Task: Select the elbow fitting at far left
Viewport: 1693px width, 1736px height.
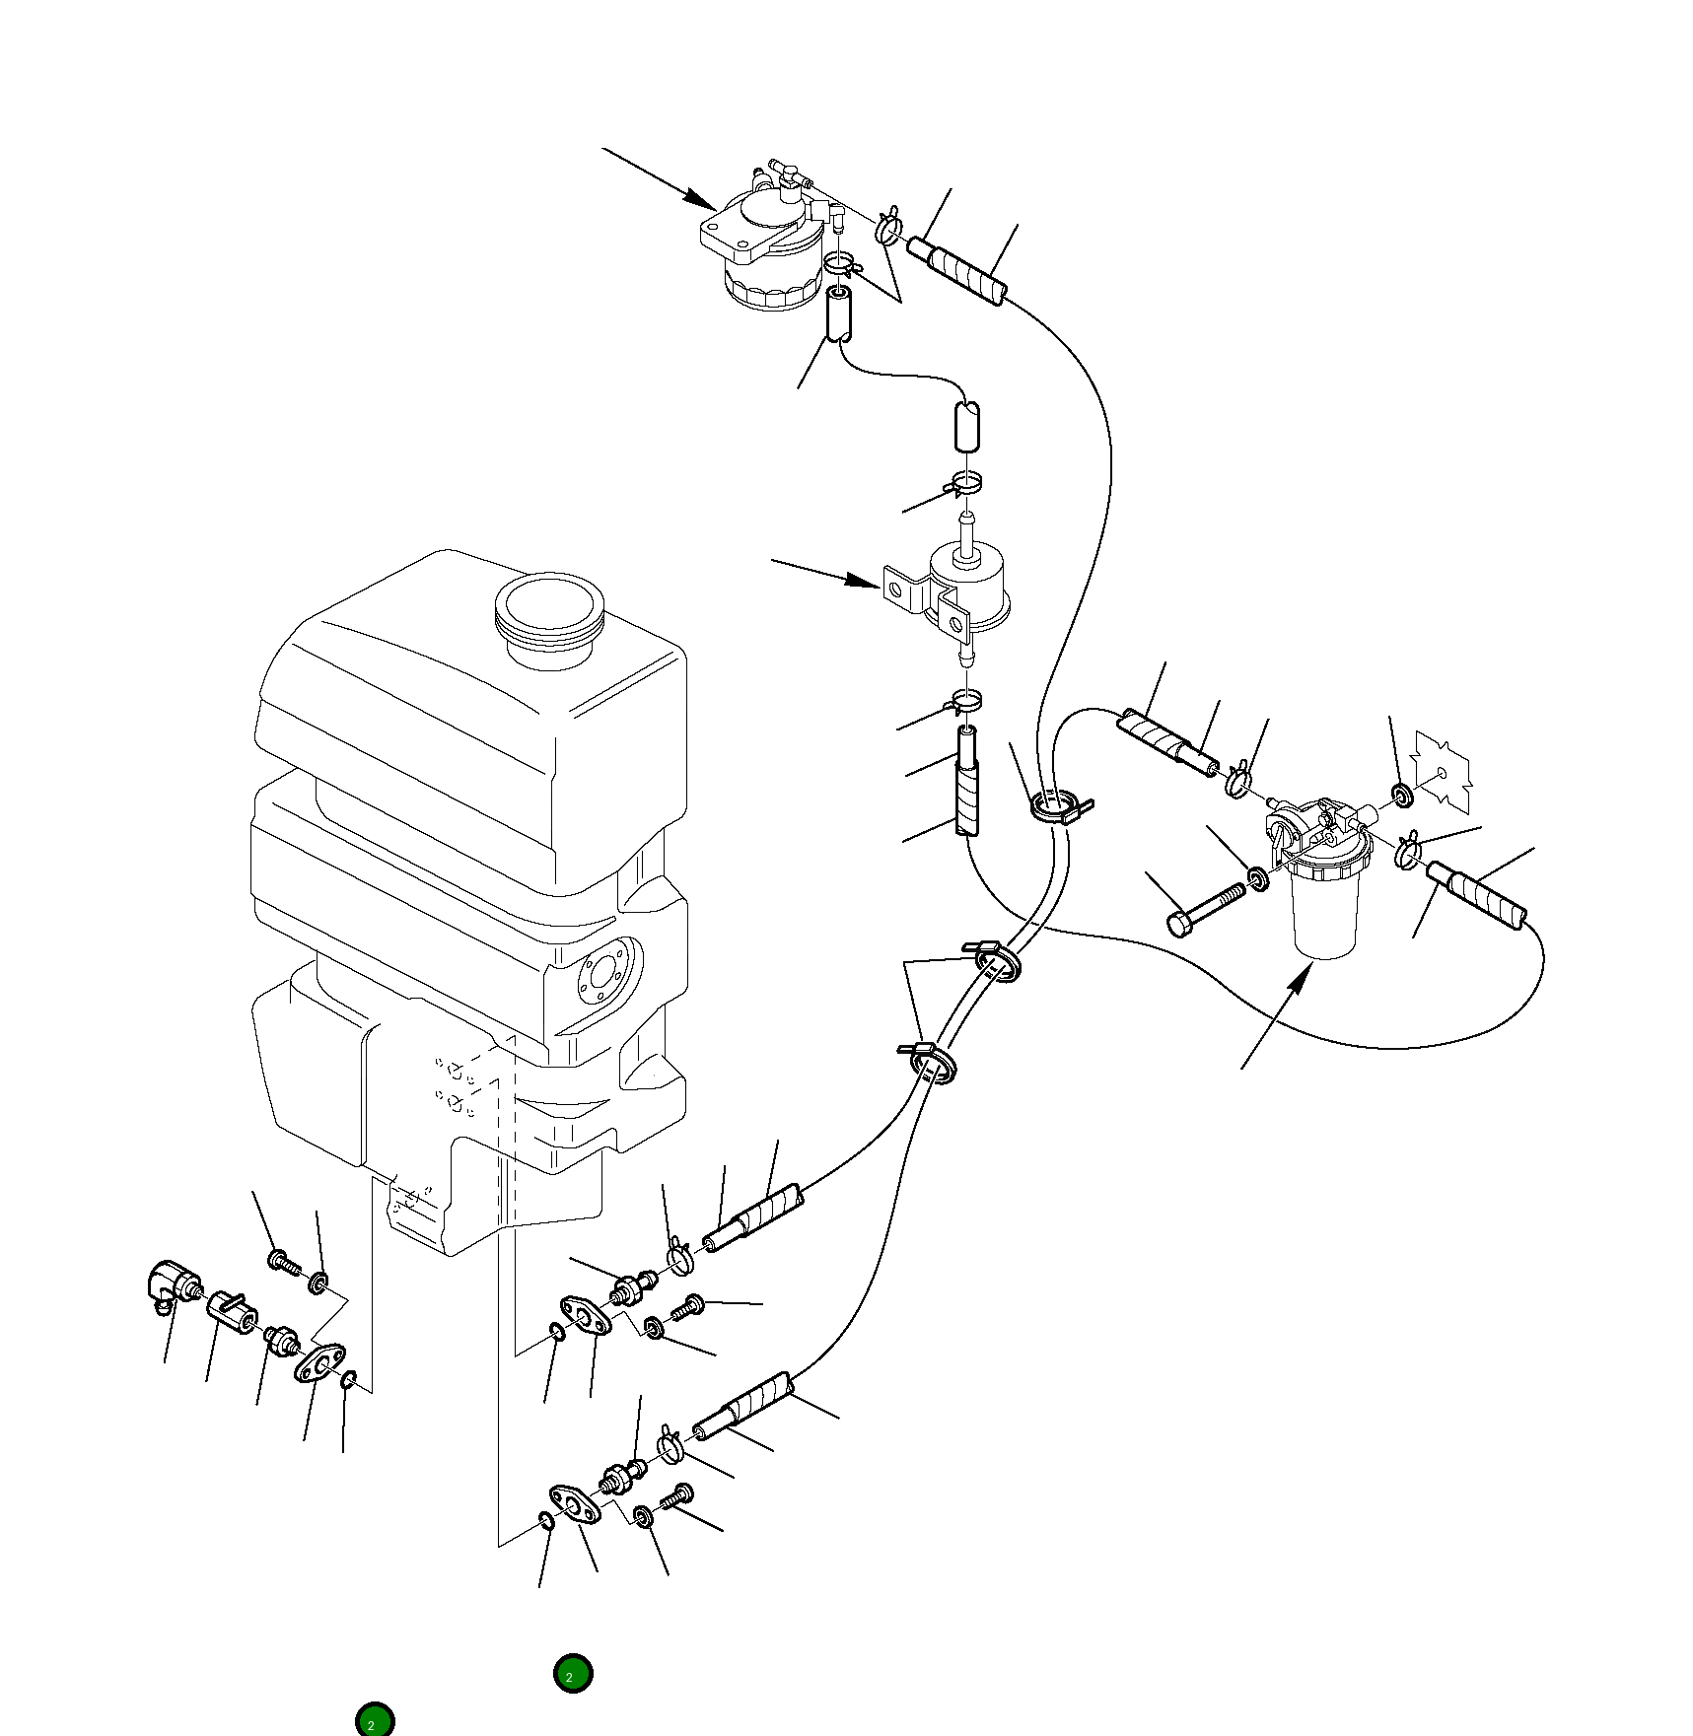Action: (173, 1284)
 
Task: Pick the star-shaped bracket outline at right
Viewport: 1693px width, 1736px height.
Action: (1443, 773)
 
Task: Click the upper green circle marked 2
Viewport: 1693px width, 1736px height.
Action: (573, 1673)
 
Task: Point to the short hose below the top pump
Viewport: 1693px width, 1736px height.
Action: (838, 315)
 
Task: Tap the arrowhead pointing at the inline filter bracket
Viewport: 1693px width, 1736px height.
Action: (868, 583)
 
